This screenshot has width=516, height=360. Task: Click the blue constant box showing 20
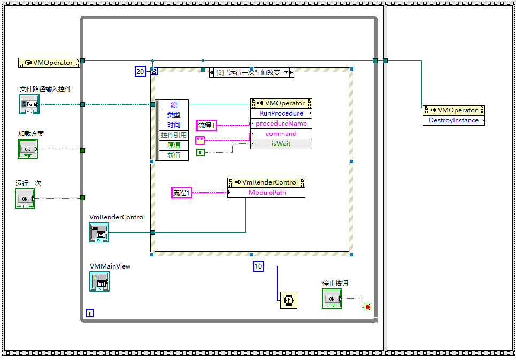(140, 72)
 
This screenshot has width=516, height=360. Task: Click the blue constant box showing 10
(258, 266)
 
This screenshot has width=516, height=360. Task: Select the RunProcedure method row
(281, 113)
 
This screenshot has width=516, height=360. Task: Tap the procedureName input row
(281, 124)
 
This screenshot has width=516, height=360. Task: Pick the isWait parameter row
(281, 144)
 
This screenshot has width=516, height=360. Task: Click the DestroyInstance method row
(453, 120)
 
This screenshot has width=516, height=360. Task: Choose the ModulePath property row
(266, 193)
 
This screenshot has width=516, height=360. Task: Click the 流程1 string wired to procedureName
(206, 126)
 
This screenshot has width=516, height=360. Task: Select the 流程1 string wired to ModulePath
(181, 193)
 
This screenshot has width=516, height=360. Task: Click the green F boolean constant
(201, 152)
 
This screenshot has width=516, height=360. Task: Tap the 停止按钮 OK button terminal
(332, 298)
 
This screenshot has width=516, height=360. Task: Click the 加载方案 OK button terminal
(28, 149)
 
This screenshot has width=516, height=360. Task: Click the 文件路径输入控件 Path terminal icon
(29, 105)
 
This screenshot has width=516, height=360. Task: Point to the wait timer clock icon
(289, 300)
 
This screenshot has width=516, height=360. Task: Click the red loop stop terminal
(367, 307)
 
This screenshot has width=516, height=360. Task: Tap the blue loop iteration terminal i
(90, 313)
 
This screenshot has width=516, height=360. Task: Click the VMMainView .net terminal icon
(99, 281)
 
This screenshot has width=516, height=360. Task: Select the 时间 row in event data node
(174, 125)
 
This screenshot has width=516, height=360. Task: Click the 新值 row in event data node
(174, 156)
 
